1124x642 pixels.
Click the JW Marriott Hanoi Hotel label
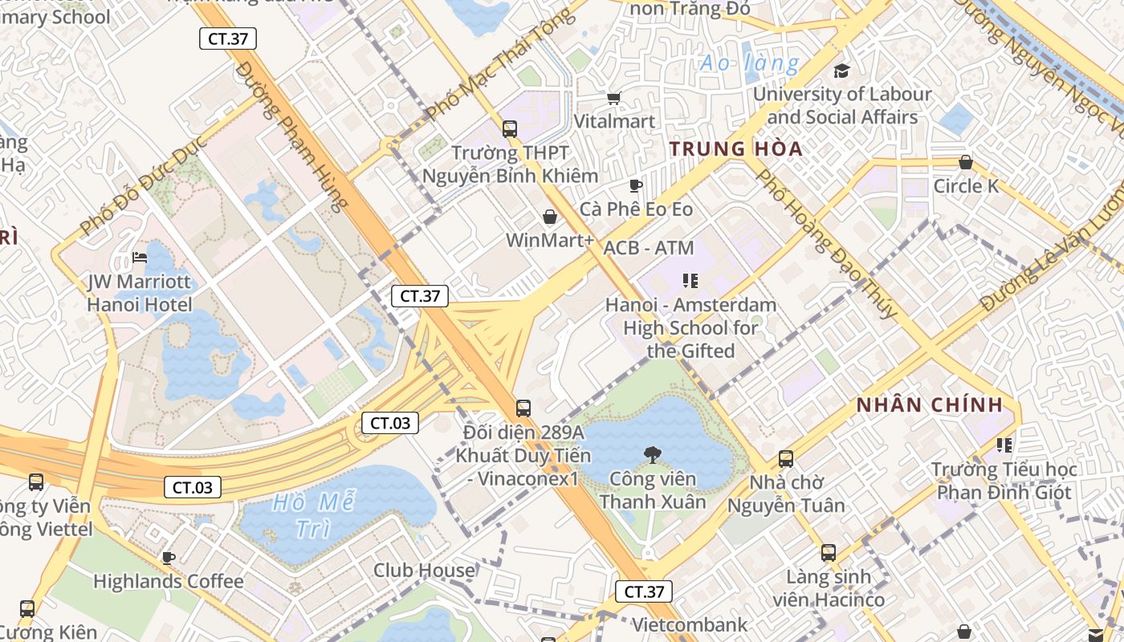click(x=140, y=293)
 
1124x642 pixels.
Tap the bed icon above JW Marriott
click(x=140, y=258)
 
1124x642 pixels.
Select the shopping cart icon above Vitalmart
click(x=614, y=98)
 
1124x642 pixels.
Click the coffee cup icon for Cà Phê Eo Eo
click(x=636, y=186)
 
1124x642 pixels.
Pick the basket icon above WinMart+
click(x=550, y=217)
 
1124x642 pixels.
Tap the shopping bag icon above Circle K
click(x=966, y=162)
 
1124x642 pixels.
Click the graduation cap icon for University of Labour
click(x=841, y=71)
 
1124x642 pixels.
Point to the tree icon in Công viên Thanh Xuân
click(x=652, y=455)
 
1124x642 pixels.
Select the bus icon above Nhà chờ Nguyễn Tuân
click(x=786, y=459)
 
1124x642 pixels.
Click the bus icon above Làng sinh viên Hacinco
click(x=829, y=553)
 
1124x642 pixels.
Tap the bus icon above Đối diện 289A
click(x=523, y=408)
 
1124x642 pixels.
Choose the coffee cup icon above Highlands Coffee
click(x=168, y=558)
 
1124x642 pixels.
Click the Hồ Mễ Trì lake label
click(x=314, y=515)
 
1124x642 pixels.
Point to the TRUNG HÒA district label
click(x=736, y=148)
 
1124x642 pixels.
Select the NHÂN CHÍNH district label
click(x=930, y=405)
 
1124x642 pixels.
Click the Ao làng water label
click(x=749, y=63)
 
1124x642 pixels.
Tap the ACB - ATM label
click(x=648, y=248)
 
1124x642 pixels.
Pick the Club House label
click(x=424, y=571)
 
